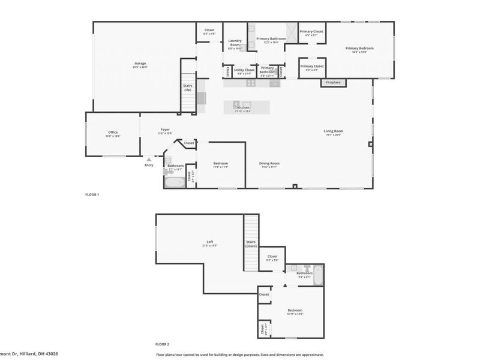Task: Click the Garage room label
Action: [140, 64]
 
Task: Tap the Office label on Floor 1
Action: [113, 133]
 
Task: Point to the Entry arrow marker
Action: [148, 160]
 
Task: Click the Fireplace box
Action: [334, 82]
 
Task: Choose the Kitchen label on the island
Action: [244, 108]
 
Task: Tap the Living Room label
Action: [333, 131]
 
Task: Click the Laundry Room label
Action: [234, 43]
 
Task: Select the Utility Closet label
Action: [244, 70]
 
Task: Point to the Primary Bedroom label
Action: [359, 48]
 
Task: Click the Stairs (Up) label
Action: [187, 88]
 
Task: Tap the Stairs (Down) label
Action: [251, 244]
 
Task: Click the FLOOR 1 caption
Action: [92, 195]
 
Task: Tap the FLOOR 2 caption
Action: [162, 344]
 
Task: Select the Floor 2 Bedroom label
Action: [295, 310]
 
